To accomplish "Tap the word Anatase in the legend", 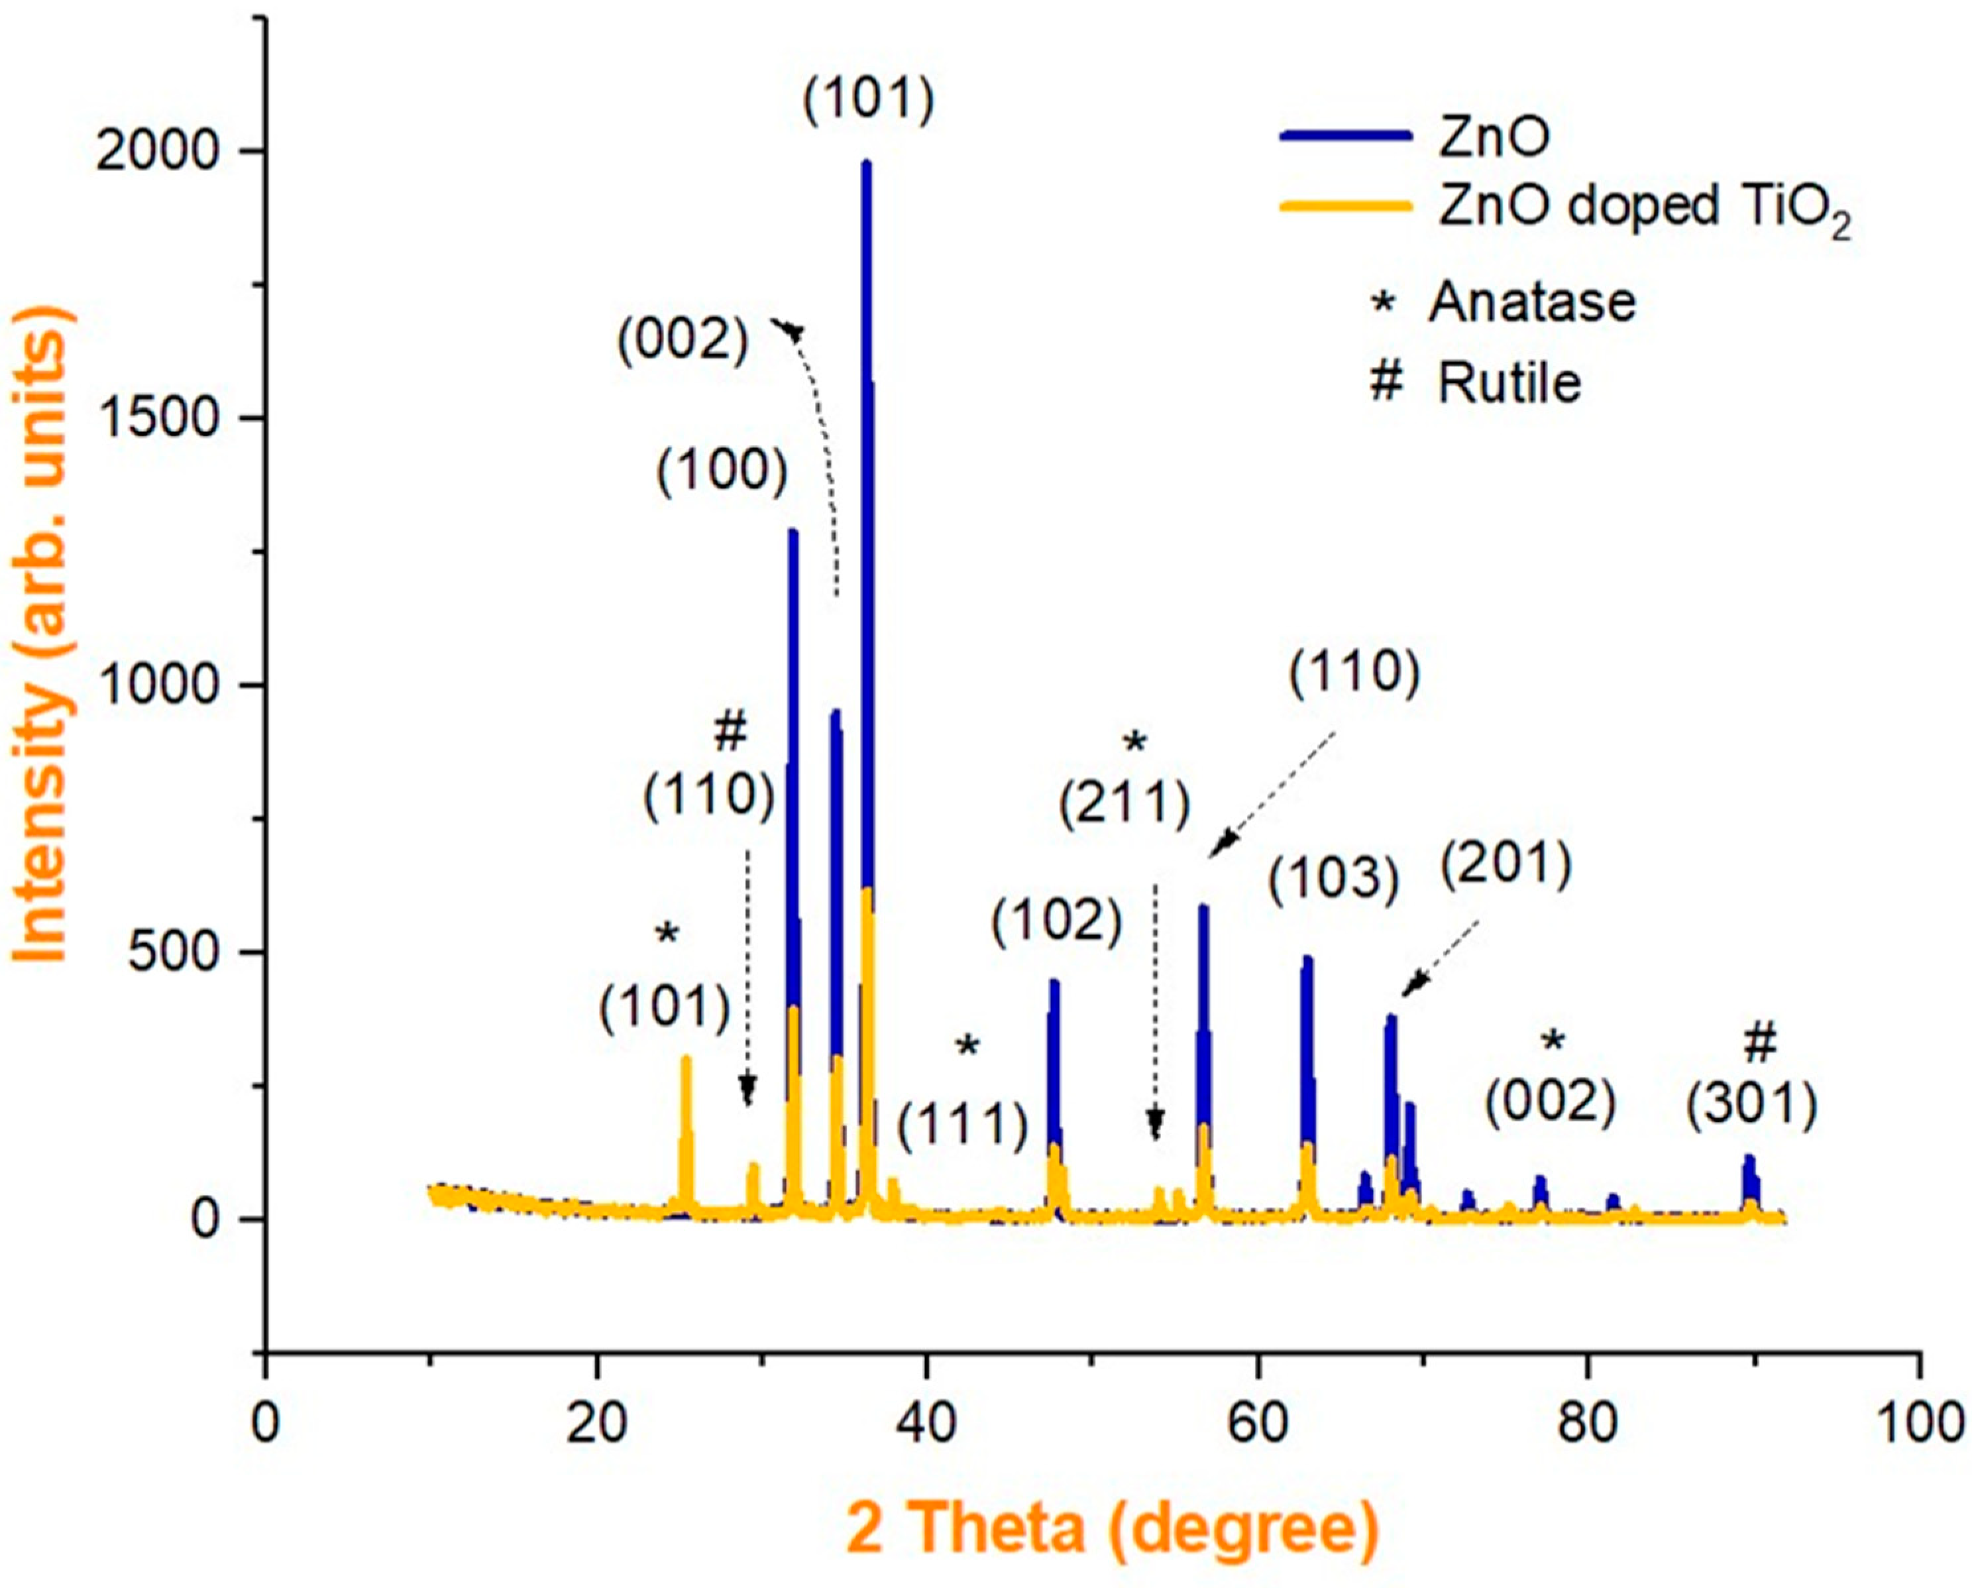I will click(x=1532, y=302).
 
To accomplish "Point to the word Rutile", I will click(x=1509, y=382).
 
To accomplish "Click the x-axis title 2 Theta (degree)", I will click(x=1111, y=1528).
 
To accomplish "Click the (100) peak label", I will click(x=722, y=473).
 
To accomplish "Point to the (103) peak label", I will click(x=1334, y=880).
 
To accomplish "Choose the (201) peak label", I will click(x=1506, y=864).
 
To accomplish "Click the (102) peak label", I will click(x=1056, y=921).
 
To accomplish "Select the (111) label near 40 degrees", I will click(x=962, y=1125).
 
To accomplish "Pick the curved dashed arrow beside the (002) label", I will click(x=818, y=439).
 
